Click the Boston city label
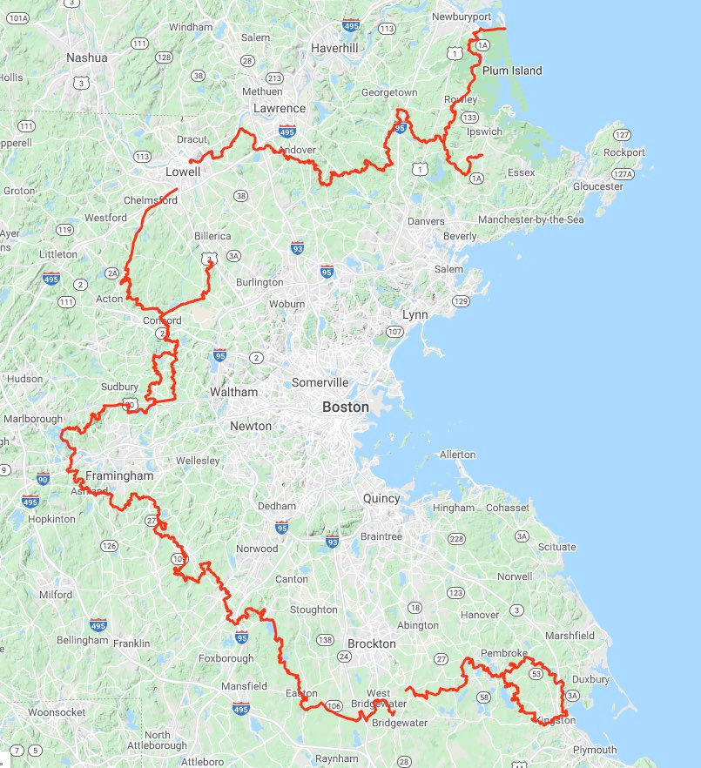(x=346, y=407)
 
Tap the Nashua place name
(x=87, y=57)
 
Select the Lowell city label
(x=183, y=172)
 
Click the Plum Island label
(x=512, y=71)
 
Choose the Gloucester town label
(x=597, y=186)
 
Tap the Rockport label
(x=624, y=152)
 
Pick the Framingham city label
(x=119, y=476)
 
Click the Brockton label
(x=372, y=643)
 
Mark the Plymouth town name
(x=595, y=750)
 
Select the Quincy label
(x=381, y=499)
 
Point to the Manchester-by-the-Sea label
(x=530, y=220)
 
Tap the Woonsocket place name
(x=57, y=712)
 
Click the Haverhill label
(x=334, y=48)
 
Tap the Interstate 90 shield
(x=44, y=479)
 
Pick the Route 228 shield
(x=456, y=539)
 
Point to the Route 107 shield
(x=394, y=332)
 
